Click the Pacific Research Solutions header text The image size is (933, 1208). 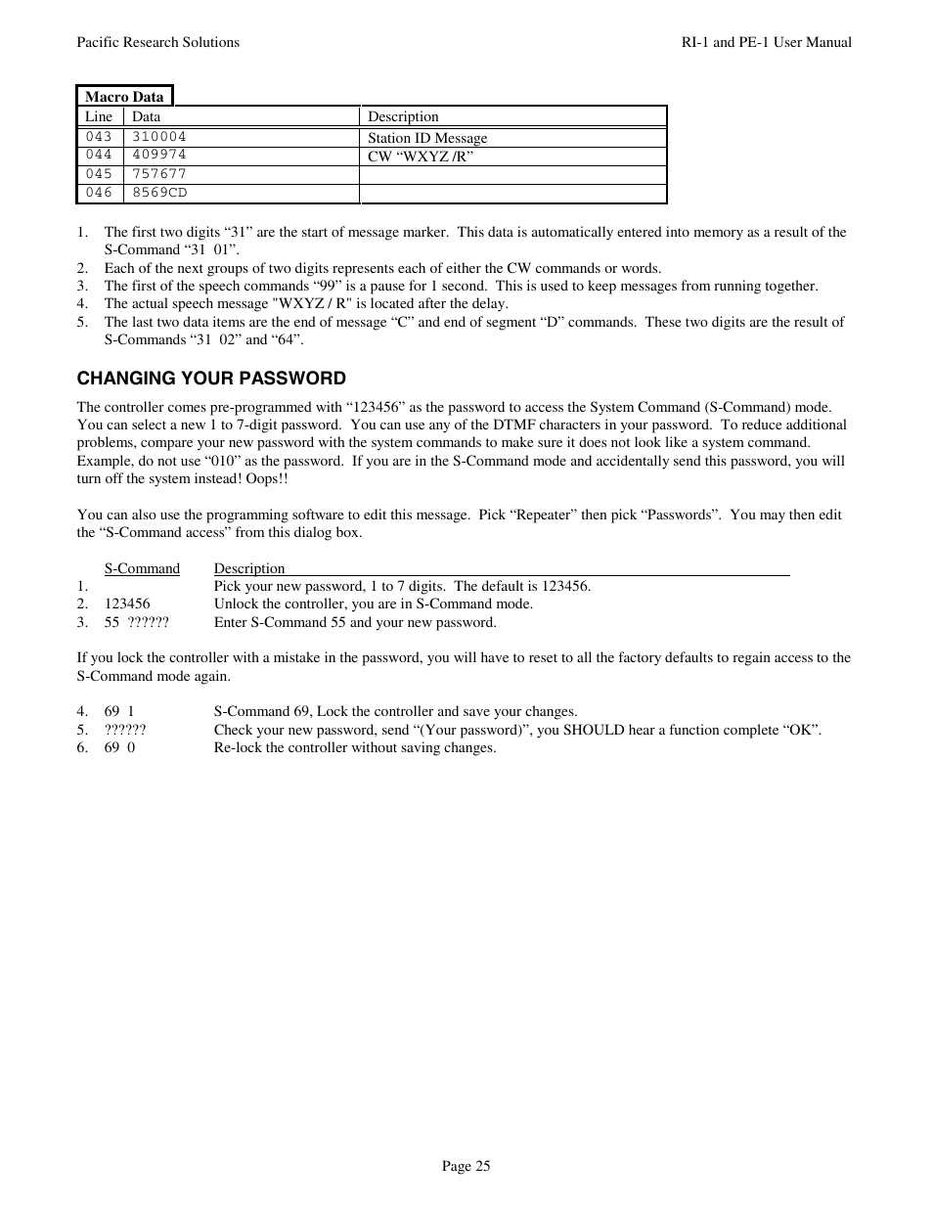[x=157, y=42]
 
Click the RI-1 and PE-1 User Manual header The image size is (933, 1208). [x=766, y=42]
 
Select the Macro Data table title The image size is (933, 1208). [x=124, y=97]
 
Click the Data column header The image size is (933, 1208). [x=146, y=116]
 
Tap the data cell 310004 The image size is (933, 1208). [x=158, y=137]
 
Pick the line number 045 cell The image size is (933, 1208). [x=99, y=174]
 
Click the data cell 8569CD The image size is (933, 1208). [x=158, y=193]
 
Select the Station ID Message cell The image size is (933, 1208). [x=427, y=138]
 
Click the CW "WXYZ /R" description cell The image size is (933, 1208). [x=421, y=157]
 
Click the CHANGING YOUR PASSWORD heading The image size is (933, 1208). [x=211, y=379]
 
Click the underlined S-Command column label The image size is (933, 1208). [x=142, y=568]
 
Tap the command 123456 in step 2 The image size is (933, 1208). [x=127, y=604]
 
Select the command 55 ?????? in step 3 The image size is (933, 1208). [x=136, y=622]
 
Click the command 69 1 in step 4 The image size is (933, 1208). [x=119, y=711]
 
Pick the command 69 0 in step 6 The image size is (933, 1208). [x=119, y=747]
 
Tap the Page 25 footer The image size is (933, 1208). [x=466, y=1166]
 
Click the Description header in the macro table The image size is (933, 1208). [x=403, y=116]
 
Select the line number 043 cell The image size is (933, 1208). [x=99, y=137]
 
